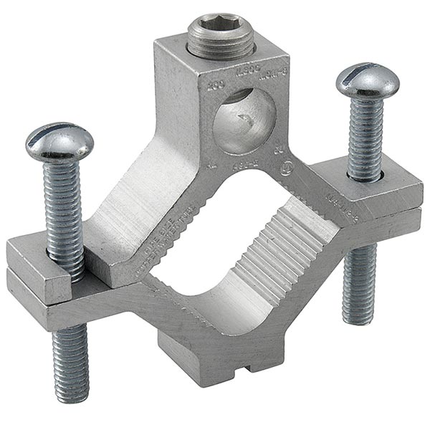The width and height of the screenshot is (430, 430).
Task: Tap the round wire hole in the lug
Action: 244,120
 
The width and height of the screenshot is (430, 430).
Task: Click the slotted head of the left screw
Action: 59,143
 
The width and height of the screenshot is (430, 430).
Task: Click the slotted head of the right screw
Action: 367,80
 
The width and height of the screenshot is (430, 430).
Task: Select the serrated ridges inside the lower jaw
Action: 272,244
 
